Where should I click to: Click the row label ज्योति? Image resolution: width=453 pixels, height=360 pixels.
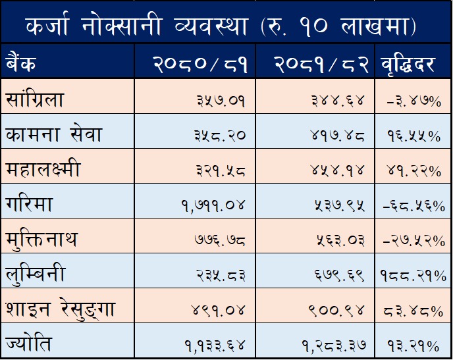[27, 344]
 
